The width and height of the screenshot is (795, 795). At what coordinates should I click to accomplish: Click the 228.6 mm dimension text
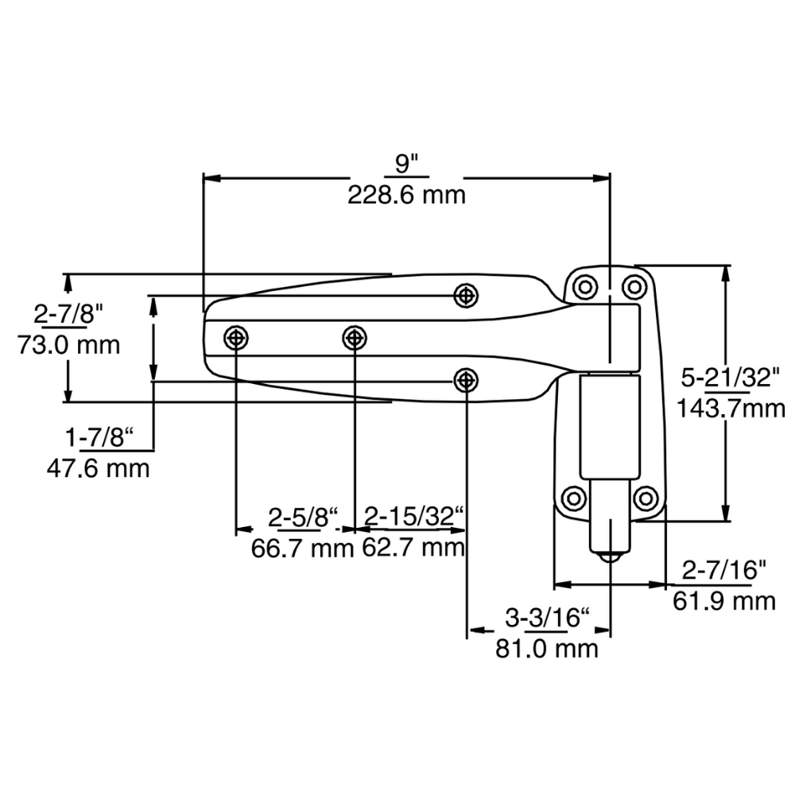pos(406,195)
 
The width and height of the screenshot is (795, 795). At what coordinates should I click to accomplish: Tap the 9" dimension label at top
pos(406,165)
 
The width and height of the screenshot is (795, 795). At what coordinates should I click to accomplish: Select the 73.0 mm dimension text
pos(68,345)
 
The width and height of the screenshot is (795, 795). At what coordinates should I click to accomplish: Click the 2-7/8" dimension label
pos(69,313)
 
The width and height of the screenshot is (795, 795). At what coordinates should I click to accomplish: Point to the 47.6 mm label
pos(99,467)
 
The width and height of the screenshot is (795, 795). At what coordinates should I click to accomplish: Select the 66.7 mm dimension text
pos(301,548)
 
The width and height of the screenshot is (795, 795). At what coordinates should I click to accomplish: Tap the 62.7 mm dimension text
pos(413,548)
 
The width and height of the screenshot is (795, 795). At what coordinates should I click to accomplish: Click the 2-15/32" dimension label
pos(413,517)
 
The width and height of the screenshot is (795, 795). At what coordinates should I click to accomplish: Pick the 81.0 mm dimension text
pos(546,648)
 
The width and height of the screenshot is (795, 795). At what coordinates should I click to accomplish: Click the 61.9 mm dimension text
pos(723,600)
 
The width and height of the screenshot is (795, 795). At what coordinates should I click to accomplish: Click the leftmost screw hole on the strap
pos(236,338)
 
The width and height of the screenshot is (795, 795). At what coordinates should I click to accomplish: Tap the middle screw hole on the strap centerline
pos(355,338)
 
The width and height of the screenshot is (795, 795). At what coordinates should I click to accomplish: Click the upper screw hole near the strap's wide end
pos(466,295)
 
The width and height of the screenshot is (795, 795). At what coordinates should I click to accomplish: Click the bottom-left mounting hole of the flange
pos(572,498)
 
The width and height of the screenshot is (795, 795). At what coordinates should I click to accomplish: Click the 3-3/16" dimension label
pos(548,617)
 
